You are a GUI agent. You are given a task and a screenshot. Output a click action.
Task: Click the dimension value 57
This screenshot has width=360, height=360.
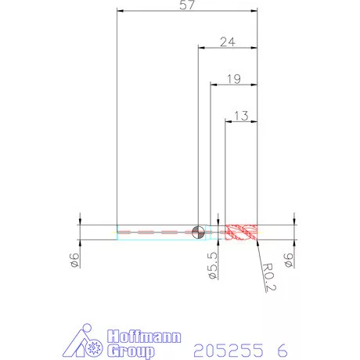[x=187, y=5]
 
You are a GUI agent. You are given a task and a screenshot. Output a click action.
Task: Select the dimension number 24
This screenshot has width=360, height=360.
[x=228, y=41]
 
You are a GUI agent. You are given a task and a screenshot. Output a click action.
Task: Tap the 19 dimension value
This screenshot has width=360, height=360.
[x=234, y=79]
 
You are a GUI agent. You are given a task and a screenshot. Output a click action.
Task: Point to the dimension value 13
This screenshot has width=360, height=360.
[x=241, y=116]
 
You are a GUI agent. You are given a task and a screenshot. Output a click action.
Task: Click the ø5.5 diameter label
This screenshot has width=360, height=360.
[x=213, y=265]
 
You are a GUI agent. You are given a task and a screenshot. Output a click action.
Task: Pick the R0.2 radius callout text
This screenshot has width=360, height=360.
[x=268, y=277]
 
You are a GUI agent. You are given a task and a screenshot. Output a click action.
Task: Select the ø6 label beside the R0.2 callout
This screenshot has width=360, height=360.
[x=288, y=261]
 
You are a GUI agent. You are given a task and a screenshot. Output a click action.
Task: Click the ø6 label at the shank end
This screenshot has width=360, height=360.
[x=74, y=261]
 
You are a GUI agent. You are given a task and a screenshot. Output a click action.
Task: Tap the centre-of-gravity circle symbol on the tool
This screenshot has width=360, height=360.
[x=198, y=232]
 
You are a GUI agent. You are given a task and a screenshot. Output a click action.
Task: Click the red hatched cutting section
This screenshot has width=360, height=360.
[x=241, y=232]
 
